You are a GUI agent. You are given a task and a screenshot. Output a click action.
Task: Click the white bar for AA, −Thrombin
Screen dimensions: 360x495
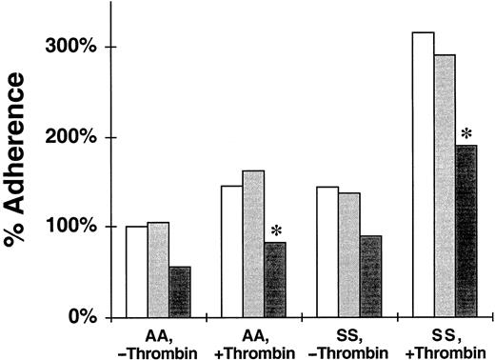136,271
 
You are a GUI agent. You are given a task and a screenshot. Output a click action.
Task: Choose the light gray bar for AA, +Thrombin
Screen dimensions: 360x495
252,244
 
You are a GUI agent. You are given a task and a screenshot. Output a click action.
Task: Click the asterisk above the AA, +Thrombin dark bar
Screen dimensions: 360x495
277,231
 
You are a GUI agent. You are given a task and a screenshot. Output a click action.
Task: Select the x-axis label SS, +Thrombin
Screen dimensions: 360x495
444,340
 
